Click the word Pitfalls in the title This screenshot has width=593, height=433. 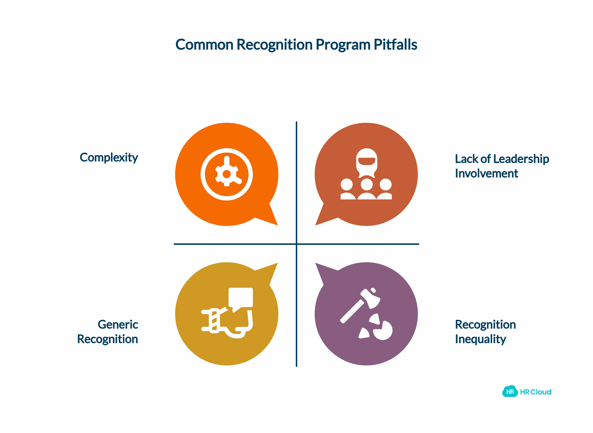coord(395,45)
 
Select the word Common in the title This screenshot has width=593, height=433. coord(204,45)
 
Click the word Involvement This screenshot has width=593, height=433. coord(487,173)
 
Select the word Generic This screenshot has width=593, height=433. coord(118,325)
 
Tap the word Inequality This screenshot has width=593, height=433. coord(481,340)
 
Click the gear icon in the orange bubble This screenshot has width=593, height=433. coord(227,174)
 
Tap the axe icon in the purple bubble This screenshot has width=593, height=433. coord(360,306)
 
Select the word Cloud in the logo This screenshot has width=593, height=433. coord(541,392)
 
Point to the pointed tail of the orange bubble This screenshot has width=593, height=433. coord(277,225)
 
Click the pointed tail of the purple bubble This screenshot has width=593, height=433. coord(315,263)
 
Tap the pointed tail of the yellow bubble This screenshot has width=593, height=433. coord(277,263)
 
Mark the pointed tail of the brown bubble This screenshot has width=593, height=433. coord(315,225)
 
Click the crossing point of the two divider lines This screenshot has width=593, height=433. coord(296,244)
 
